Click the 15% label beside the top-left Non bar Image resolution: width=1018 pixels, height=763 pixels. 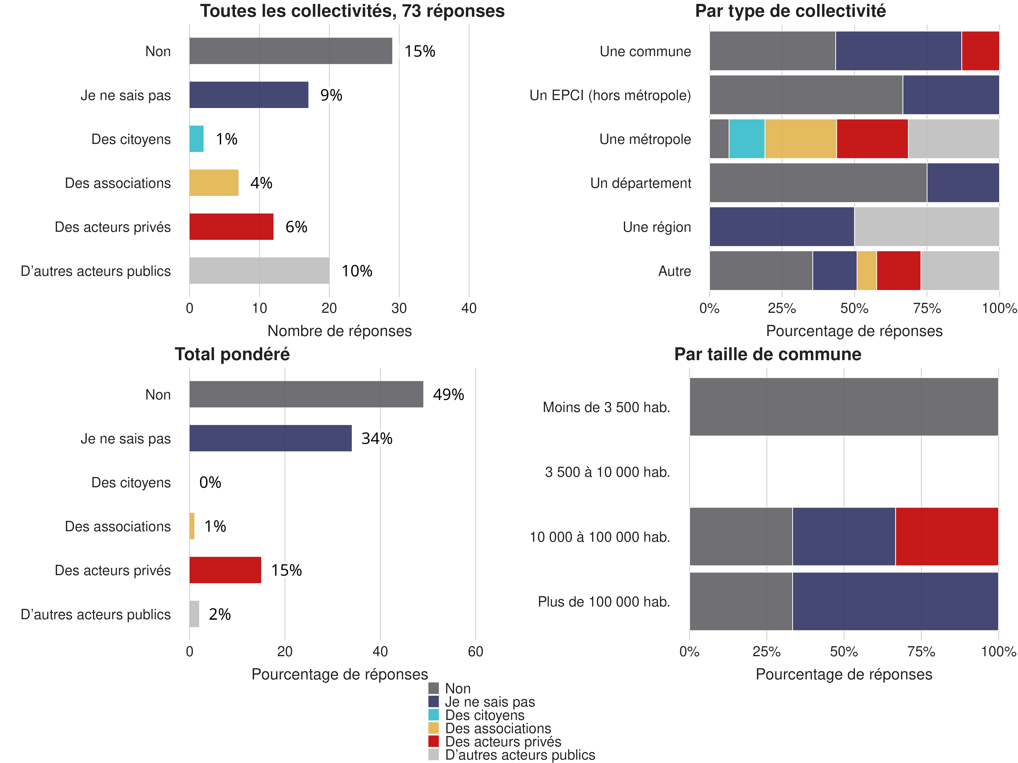pyautogui.click(x=420, y=51)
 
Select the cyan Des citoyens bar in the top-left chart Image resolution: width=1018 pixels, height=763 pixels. pyautogui.click(x=196, y=139)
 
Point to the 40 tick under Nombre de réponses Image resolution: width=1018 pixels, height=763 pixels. pyautogui.click(x=469, y=308)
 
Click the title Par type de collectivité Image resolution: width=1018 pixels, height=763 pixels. pyautogui.click(x=790, y=11)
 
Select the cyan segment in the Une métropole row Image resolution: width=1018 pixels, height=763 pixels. pyautogui.click(x=747, y=139)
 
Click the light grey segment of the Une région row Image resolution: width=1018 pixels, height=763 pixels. pyautogui.click(x=926, y=227)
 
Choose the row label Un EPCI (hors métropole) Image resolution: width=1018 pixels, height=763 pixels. pyautogui.click(x=610, y=95)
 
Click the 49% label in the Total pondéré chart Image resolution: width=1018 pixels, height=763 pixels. pyautogui.click(x=448, y=395)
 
